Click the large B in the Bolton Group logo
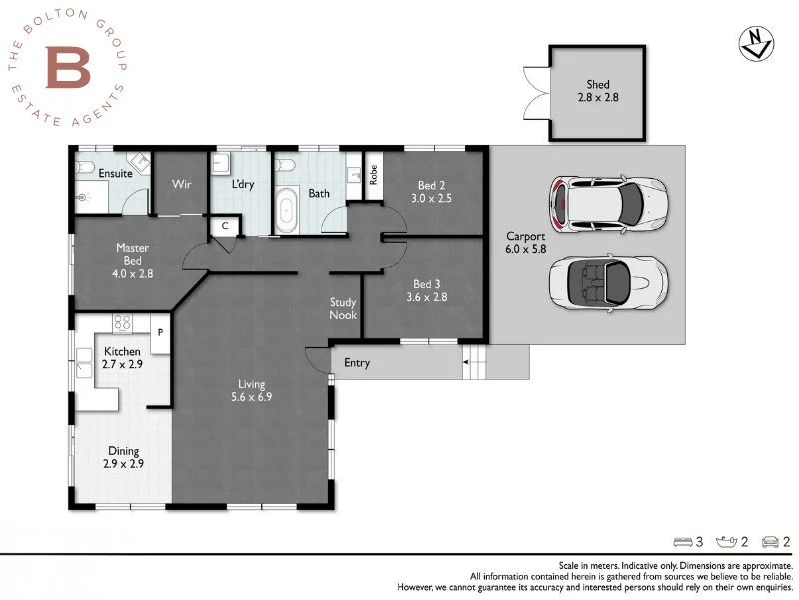click(x=68, y=67)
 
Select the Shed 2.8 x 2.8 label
click(x=597, y=92)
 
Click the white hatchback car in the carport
click(x=606, y=203)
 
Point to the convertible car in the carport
click(x=606, y=281)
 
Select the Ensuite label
click(x=115, y=174)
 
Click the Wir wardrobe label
click(x=181, y=184)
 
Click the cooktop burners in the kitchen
click(x=124, y=323)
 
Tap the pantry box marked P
click(x=158, y=329)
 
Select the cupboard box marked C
click(x=225, y=226)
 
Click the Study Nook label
click(x=343, y=309)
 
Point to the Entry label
click(x=357, y=363)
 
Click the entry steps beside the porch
click(x=473, y=364)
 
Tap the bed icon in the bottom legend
click(x=682, y=542)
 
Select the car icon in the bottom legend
click(x=769, y=542)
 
